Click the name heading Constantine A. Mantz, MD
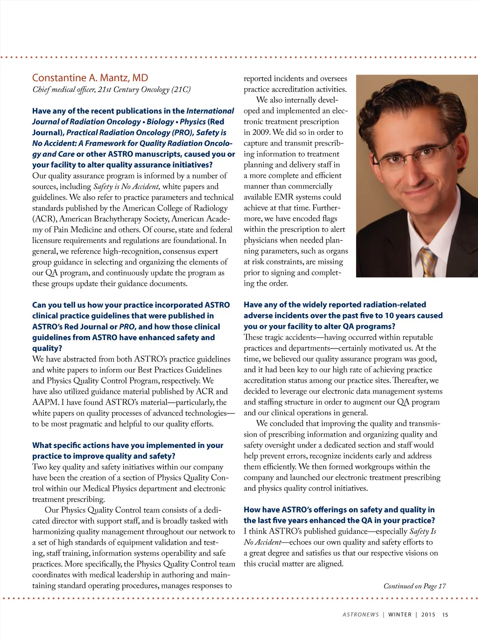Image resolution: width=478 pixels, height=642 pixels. click(x=90, y=78)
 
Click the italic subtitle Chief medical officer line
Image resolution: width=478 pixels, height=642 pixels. click(x=111, y=89)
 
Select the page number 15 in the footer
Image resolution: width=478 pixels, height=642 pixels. click(x=445, y=614)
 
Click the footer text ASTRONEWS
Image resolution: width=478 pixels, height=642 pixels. click(x=360, y=614)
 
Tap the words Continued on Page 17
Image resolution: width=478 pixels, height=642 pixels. click(x=415, y=586)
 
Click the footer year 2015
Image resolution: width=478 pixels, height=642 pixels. click(x=428, y=614)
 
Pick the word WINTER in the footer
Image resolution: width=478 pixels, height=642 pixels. click(x=400, y=614)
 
